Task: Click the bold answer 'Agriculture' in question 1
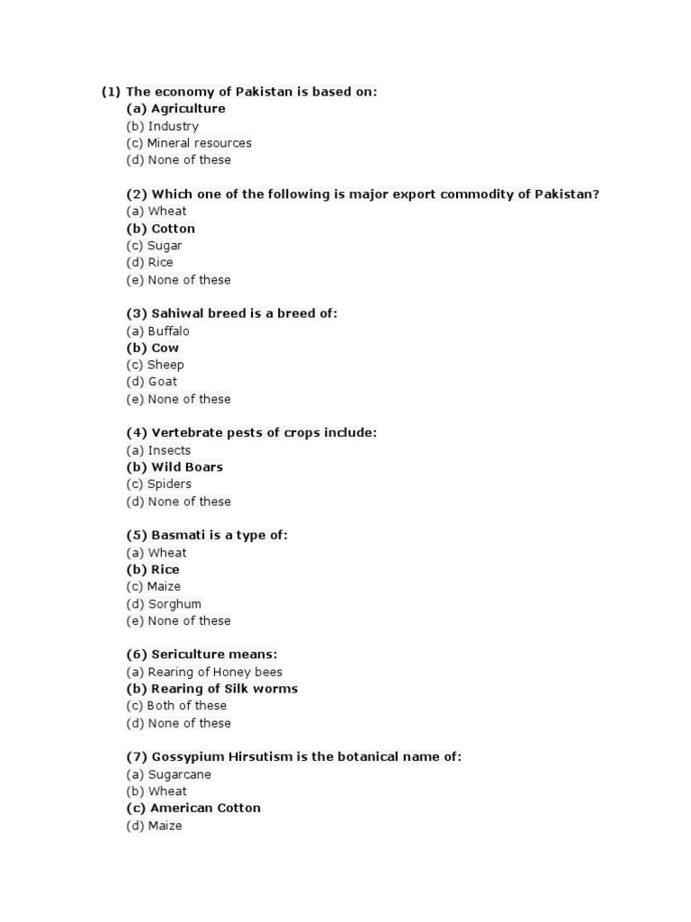(188, 109)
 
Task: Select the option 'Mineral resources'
(199, 143)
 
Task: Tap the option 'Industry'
(173, 126)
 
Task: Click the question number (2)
(137, 194)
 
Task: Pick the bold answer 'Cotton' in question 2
(173, 229)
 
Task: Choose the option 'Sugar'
(165, 246)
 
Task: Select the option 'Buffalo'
(168, 331)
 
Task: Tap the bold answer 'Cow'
(165, 348)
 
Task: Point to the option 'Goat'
(163, 382)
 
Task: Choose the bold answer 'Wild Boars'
(186, 467)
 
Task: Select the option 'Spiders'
(169, 484)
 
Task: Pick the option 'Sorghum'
(175, 604)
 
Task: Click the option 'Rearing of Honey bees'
(215, 672)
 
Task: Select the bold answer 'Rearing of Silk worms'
(224, 689)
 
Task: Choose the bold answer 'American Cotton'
(205, 809)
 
